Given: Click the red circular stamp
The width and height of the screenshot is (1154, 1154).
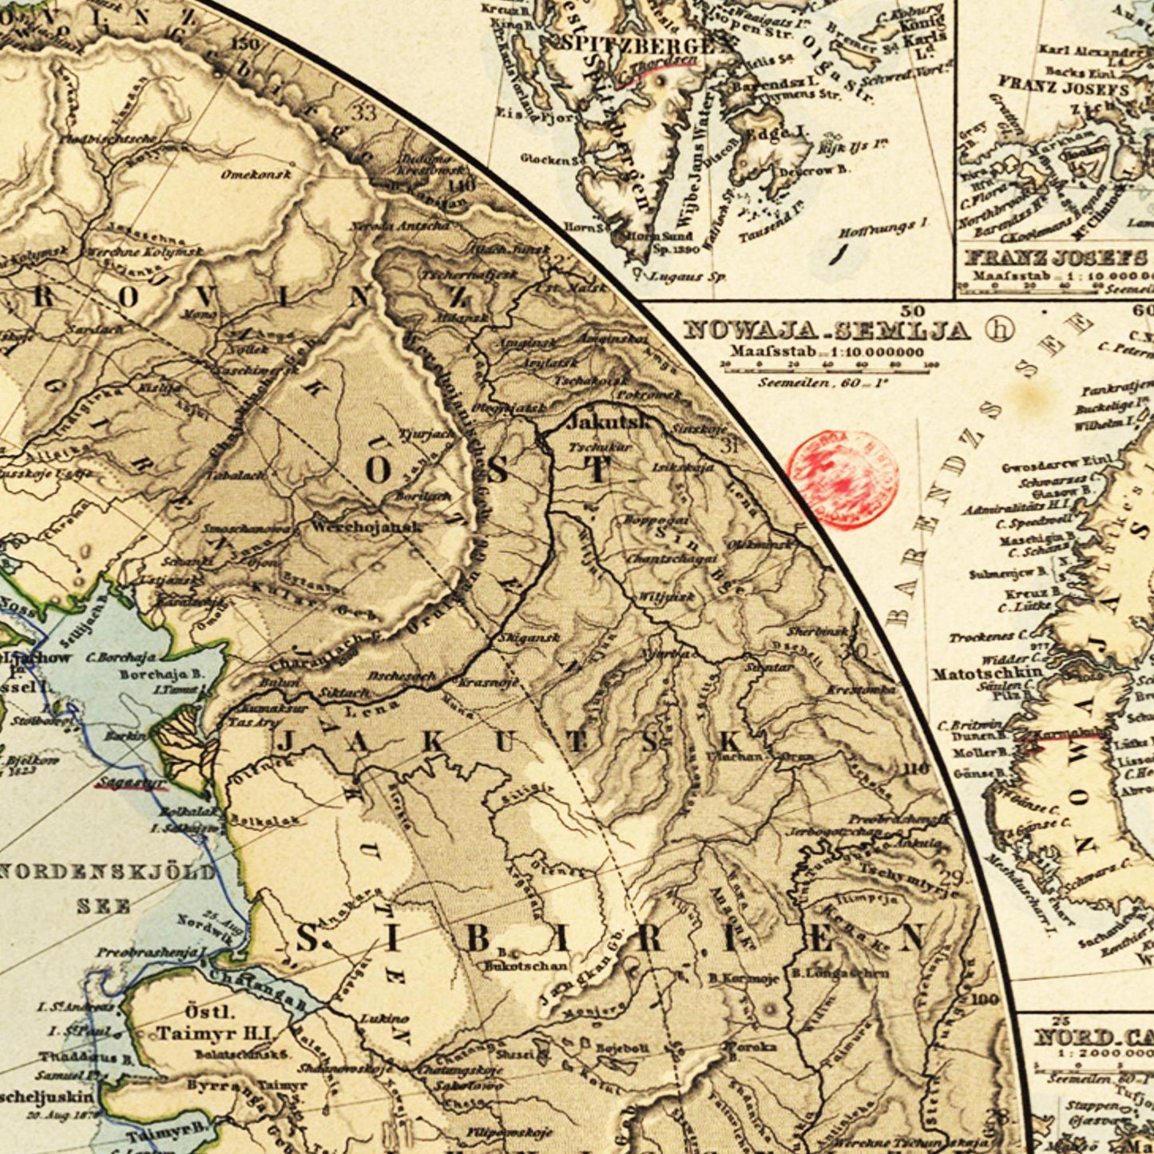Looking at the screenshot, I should tap(843, 479).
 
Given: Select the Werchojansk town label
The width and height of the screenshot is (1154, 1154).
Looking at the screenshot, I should tap(365, 527).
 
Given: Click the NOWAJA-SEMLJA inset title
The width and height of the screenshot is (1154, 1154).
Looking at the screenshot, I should tap(827, 330).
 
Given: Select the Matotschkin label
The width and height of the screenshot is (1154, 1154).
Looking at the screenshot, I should tap(987, 672).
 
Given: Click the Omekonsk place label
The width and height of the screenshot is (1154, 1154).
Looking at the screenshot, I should tap(256, 174).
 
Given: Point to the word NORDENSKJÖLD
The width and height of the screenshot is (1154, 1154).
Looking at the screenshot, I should tap(107, 871).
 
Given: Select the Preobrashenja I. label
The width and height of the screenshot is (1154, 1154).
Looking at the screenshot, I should tap(152, 952).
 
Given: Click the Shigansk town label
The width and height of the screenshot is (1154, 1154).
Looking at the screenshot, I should tap(517, 638).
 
